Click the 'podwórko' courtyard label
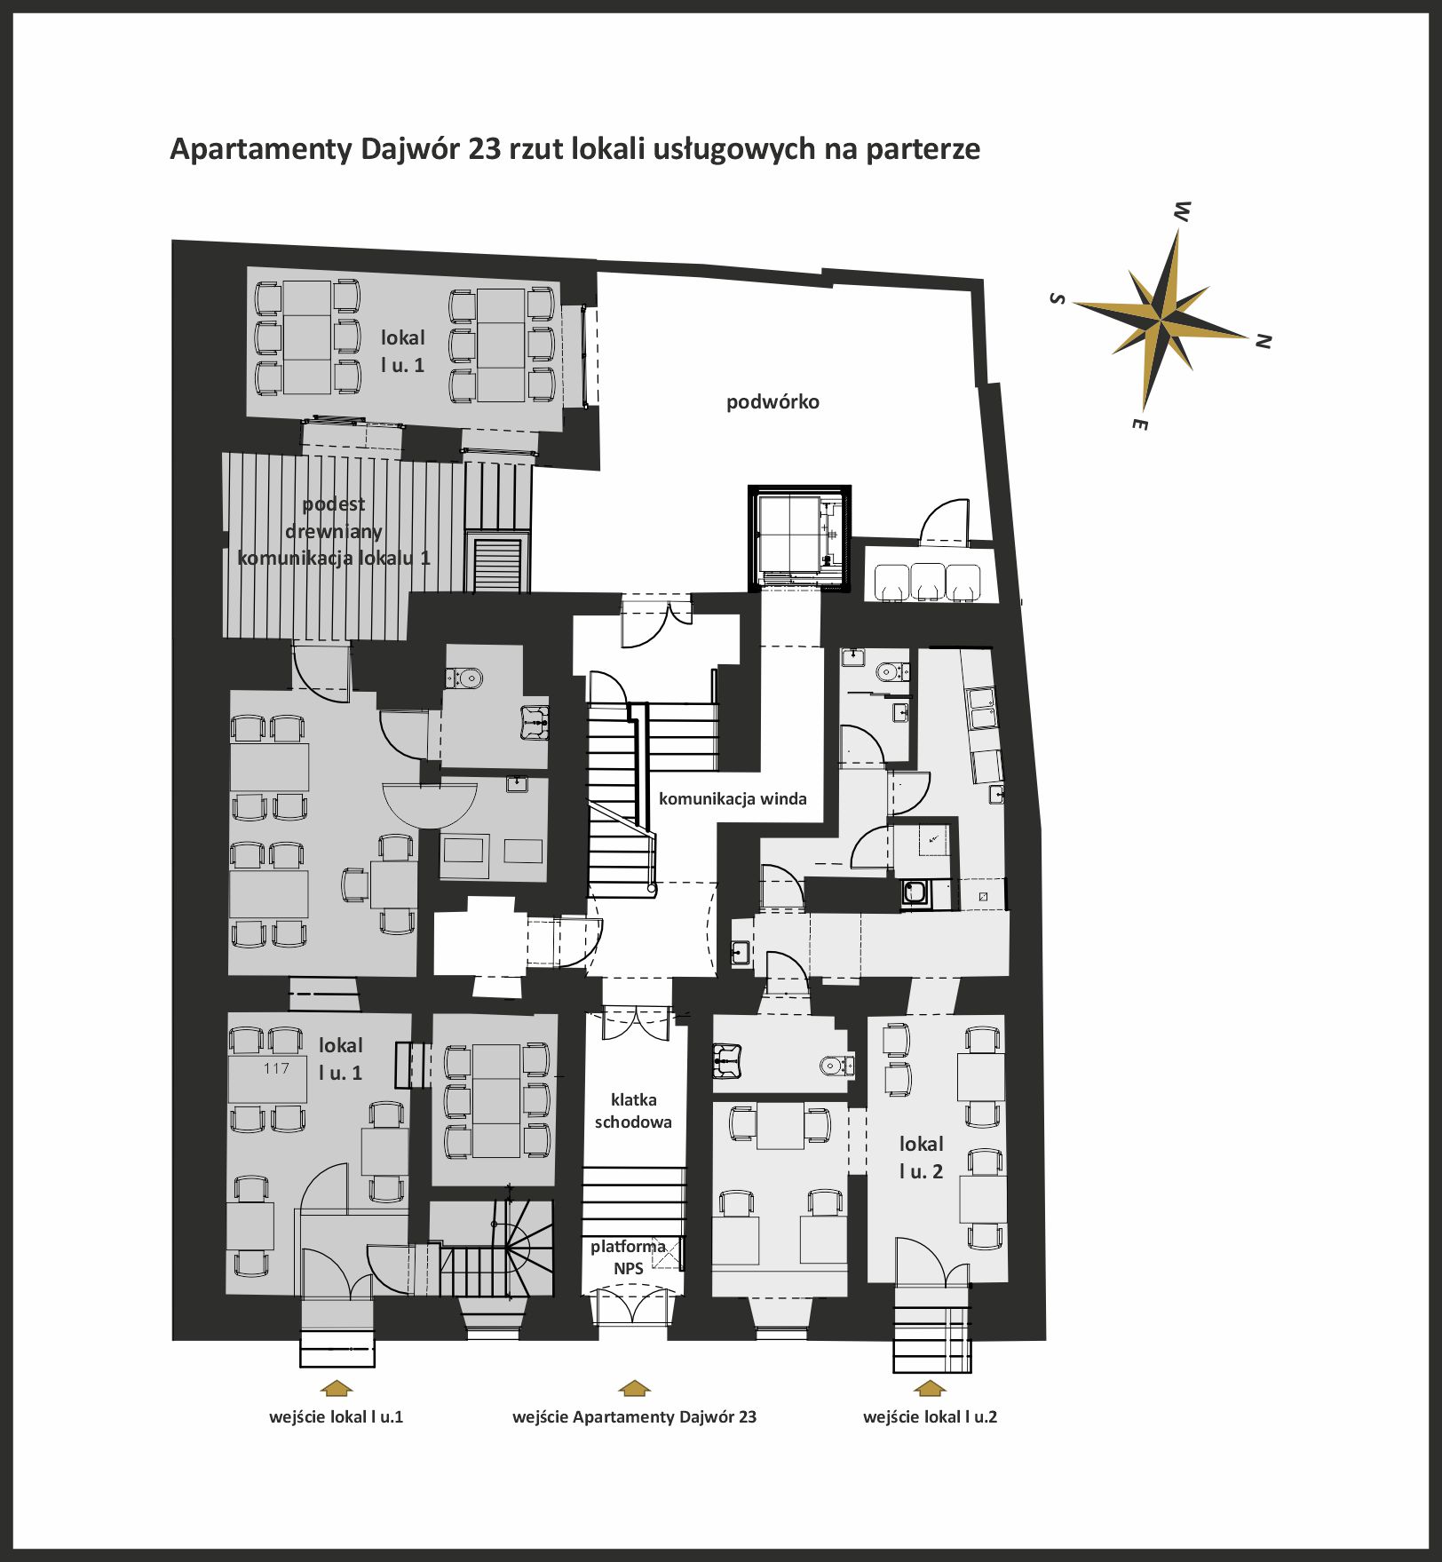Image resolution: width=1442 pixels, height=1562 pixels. [772, 402]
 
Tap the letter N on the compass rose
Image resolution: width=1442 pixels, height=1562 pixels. [1264, 340]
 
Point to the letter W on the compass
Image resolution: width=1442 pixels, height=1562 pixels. [1182, 211]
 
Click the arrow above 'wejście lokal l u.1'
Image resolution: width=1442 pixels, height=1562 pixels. [336, 1388]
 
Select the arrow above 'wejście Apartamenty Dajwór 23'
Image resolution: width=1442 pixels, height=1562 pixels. [634, 1388]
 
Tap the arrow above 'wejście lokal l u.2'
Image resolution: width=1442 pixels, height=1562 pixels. [930, 1388]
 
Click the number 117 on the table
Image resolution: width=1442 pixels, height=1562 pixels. [276, 1068]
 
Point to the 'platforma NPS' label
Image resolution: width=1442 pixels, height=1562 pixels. [628, 1257]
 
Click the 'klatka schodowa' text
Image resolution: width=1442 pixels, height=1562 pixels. [633, 1111]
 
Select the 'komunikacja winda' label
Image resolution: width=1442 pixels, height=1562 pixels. [733, 798]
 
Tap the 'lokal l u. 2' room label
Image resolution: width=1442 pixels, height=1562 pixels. [921, 1157]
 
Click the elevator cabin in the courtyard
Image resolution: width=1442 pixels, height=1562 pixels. [799, 537]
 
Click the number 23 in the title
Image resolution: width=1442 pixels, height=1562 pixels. [485, 148]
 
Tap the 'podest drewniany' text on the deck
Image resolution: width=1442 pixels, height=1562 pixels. [334, 518]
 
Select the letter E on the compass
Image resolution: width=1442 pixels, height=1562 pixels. [1140, 424]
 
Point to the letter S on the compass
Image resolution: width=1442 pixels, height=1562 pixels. [1057, 298]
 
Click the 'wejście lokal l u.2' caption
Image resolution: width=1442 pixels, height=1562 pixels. [930, 1417]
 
